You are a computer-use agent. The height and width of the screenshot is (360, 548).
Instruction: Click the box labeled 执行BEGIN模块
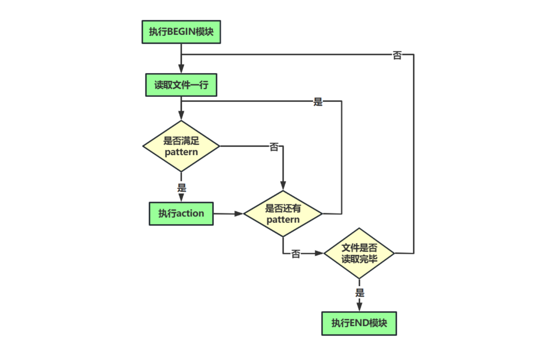(181, 32)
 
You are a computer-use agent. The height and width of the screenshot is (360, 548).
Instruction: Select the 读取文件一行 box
(181, 85)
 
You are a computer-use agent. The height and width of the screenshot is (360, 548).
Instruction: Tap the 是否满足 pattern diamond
(181, 146)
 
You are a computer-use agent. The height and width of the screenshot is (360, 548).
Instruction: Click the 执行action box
(181, 214)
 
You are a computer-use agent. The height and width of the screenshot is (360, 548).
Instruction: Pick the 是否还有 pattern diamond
(283, 214)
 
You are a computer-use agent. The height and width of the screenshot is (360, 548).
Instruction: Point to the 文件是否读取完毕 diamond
(359, 253)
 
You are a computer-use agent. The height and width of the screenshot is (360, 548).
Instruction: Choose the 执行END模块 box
(359, 323)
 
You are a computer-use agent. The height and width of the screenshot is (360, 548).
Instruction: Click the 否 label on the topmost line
(397, 55)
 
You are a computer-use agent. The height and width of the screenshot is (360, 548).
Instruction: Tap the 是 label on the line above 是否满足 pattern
(318, 102)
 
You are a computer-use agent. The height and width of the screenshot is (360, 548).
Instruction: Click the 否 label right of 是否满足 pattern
(274, 147)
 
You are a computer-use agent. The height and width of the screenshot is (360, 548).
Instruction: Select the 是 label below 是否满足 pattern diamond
(182, 188)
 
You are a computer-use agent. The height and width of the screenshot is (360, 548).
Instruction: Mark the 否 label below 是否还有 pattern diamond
(295, 254)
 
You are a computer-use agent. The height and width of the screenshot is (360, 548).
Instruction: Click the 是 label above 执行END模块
(359, 293)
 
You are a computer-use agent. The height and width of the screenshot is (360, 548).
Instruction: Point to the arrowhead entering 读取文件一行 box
(181, 69)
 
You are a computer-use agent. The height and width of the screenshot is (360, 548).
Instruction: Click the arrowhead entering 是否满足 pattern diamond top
(181, 115)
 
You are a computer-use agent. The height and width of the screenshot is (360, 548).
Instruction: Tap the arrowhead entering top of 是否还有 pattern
(283, 186)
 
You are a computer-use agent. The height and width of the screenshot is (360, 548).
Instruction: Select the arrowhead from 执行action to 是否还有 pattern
(239, 214)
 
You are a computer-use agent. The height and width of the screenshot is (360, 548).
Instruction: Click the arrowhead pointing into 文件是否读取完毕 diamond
(319, 253)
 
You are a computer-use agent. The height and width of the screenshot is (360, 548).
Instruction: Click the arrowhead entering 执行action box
(181, 197)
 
